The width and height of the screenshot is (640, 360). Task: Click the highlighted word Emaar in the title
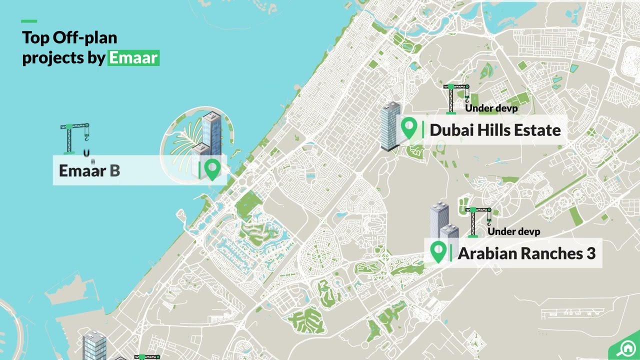[x=133, y=58]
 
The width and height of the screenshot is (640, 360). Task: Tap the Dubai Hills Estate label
[x=495, y=130]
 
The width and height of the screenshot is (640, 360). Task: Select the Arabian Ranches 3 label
[x=526, y=253]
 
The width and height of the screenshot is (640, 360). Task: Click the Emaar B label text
[x=89, y=170]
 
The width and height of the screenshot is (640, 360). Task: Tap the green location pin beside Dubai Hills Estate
[x=409, y=128]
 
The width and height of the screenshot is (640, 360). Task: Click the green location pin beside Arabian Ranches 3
[x=438, y=251]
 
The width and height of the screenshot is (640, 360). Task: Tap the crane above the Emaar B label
[x=75, y=137]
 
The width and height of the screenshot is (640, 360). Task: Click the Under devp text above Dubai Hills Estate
[x=491, y=108]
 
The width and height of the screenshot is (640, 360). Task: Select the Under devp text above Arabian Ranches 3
[x=513, y=231]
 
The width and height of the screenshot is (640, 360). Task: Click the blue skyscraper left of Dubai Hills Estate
[x=390, y=126]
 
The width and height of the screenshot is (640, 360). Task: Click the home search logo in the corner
[x=625, y=348]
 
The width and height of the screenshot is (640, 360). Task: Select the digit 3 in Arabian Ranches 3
[x=590, y=253]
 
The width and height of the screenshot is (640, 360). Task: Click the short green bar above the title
[x=29, y=21]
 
